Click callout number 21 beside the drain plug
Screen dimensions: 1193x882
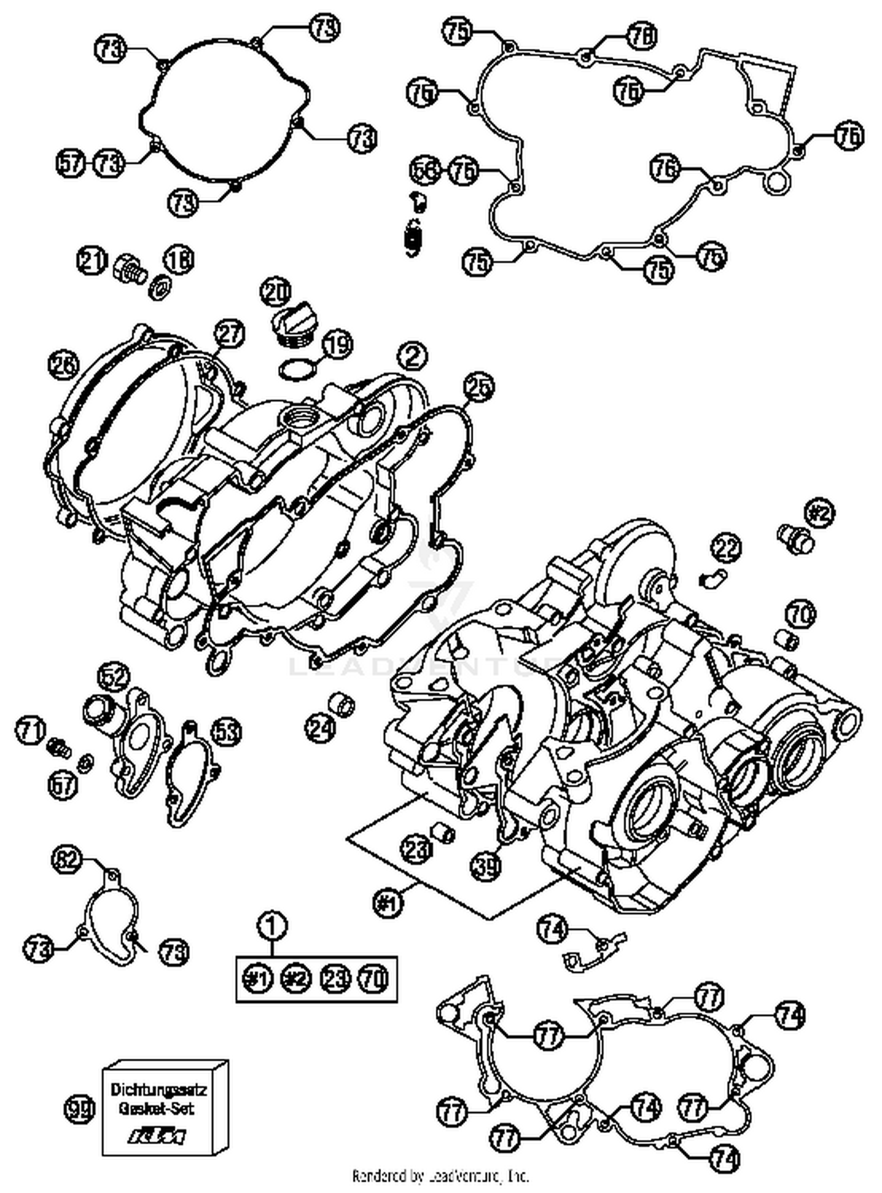[x=92, y=261]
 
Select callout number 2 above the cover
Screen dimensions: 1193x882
[x=412, y=356]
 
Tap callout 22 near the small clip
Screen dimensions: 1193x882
[x=726, y=549]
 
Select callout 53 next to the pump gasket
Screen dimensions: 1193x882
[x=226, y=732]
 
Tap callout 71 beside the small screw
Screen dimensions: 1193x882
[x=30, y=731]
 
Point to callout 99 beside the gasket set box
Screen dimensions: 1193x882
[x=79, y=1109]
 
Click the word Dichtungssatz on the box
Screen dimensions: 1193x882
[x=159, y=1090]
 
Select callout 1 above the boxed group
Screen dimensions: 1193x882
[x=272, y=926]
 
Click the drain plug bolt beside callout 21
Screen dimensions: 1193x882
[x=128, y=269]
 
